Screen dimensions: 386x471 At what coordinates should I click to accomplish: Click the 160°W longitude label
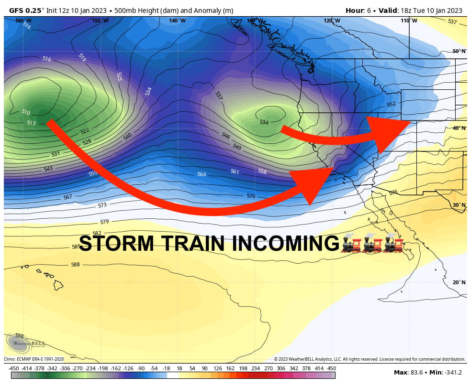23,21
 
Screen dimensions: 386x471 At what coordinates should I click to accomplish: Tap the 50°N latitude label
459,51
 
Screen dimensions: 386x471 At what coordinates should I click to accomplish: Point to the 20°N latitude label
459,282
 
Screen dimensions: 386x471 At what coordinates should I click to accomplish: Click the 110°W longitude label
409,21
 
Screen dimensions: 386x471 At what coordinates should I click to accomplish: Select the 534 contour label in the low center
264,122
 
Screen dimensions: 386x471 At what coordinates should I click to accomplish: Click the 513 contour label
32,123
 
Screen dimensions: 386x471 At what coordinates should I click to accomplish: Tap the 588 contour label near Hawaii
75,265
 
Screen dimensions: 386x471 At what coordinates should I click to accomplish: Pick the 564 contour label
202,174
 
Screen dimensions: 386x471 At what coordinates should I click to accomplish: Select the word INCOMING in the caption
285,244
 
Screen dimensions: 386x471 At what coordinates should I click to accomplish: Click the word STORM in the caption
116,244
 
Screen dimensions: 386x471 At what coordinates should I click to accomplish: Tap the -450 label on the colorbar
14,368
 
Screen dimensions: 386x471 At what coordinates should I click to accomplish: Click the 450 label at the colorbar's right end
331,368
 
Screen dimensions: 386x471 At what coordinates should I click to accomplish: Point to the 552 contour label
391,104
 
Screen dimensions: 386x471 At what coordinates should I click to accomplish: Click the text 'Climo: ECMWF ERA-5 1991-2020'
34,359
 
